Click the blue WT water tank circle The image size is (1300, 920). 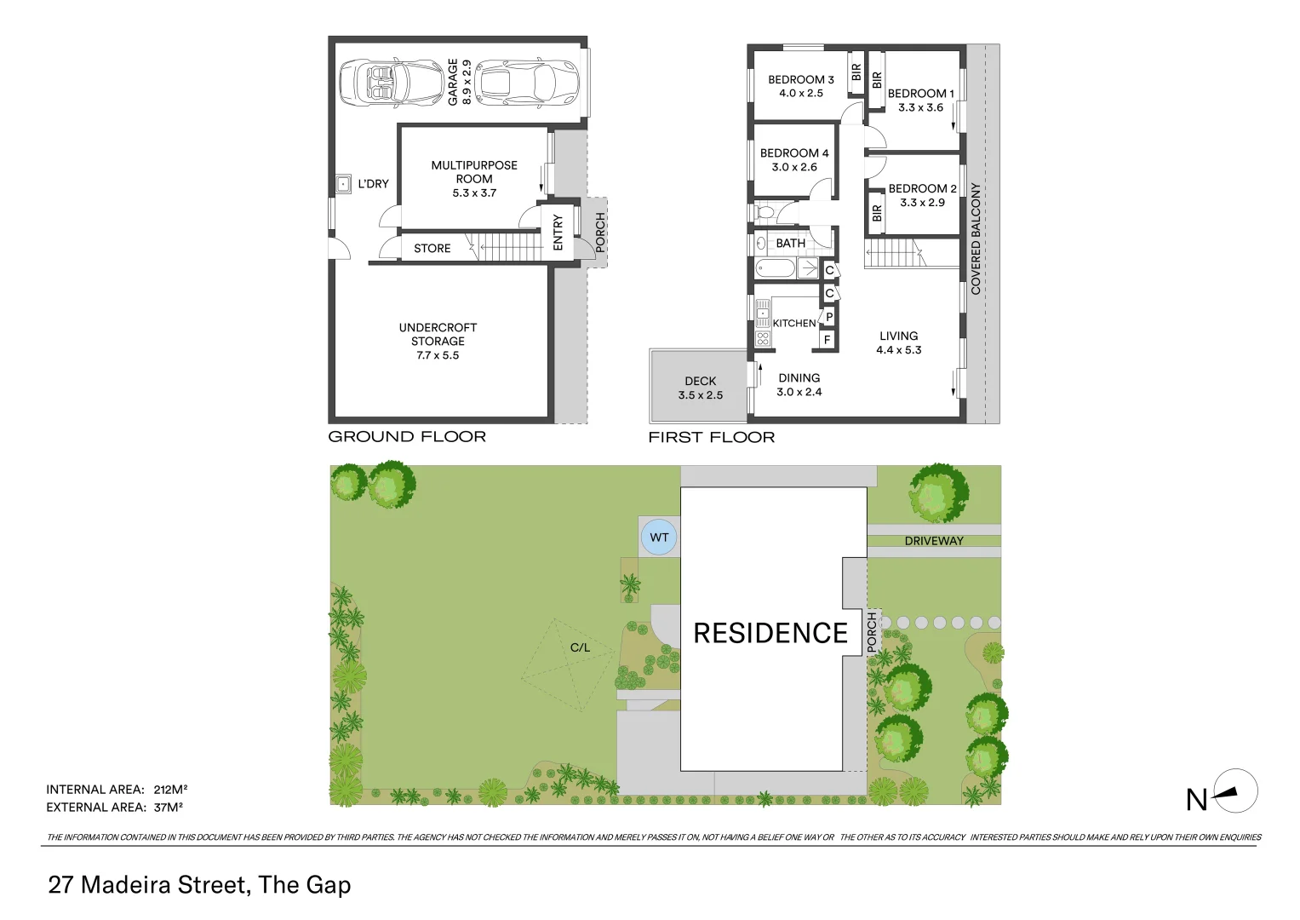pos(659,538)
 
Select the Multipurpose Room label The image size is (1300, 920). pos(473,172)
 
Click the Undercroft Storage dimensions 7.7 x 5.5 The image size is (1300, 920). pos(438,355)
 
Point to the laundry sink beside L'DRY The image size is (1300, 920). pos(343,184)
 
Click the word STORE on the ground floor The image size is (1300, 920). pos(432,249)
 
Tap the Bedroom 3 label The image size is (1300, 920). pos(800,80)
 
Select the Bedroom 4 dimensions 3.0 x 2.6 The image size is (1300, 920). pos(793,167)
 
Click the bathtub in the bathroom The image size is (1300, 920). pos(776,270)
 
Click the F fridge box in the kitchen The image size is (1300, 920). pos(825,340)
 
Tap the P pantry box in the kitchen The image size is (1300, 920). pos(828,318)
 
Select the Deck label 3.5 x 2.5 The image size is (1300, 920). pos(700,388)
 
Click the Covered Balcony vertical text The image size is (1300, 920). pos(976,239)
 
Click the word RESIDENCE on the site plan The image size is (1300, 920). pos(770,633)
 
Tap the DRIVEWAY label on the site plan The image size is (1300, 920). pos(934,541)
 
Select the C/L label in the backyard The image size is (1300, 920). pos(580,647)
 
